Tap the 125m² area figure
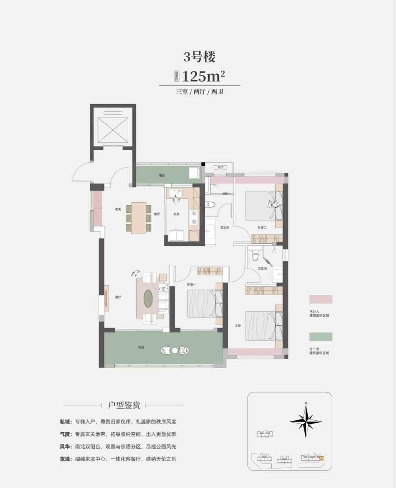203,76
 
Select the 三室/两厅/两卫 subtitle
199,92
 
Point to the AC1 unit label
220,168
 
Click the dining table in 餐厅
139,217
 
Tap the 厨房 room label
176,214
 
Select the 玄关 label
118,209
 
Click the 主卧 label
238,326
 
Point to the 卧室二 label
262,228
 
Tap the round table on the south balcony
175,350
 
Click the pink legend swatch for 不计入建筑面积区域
320,299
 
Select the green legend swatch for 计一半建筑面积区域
320,337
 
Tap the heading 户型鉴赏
124,405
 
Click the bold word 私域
66,422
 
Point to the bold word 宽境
66,459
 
